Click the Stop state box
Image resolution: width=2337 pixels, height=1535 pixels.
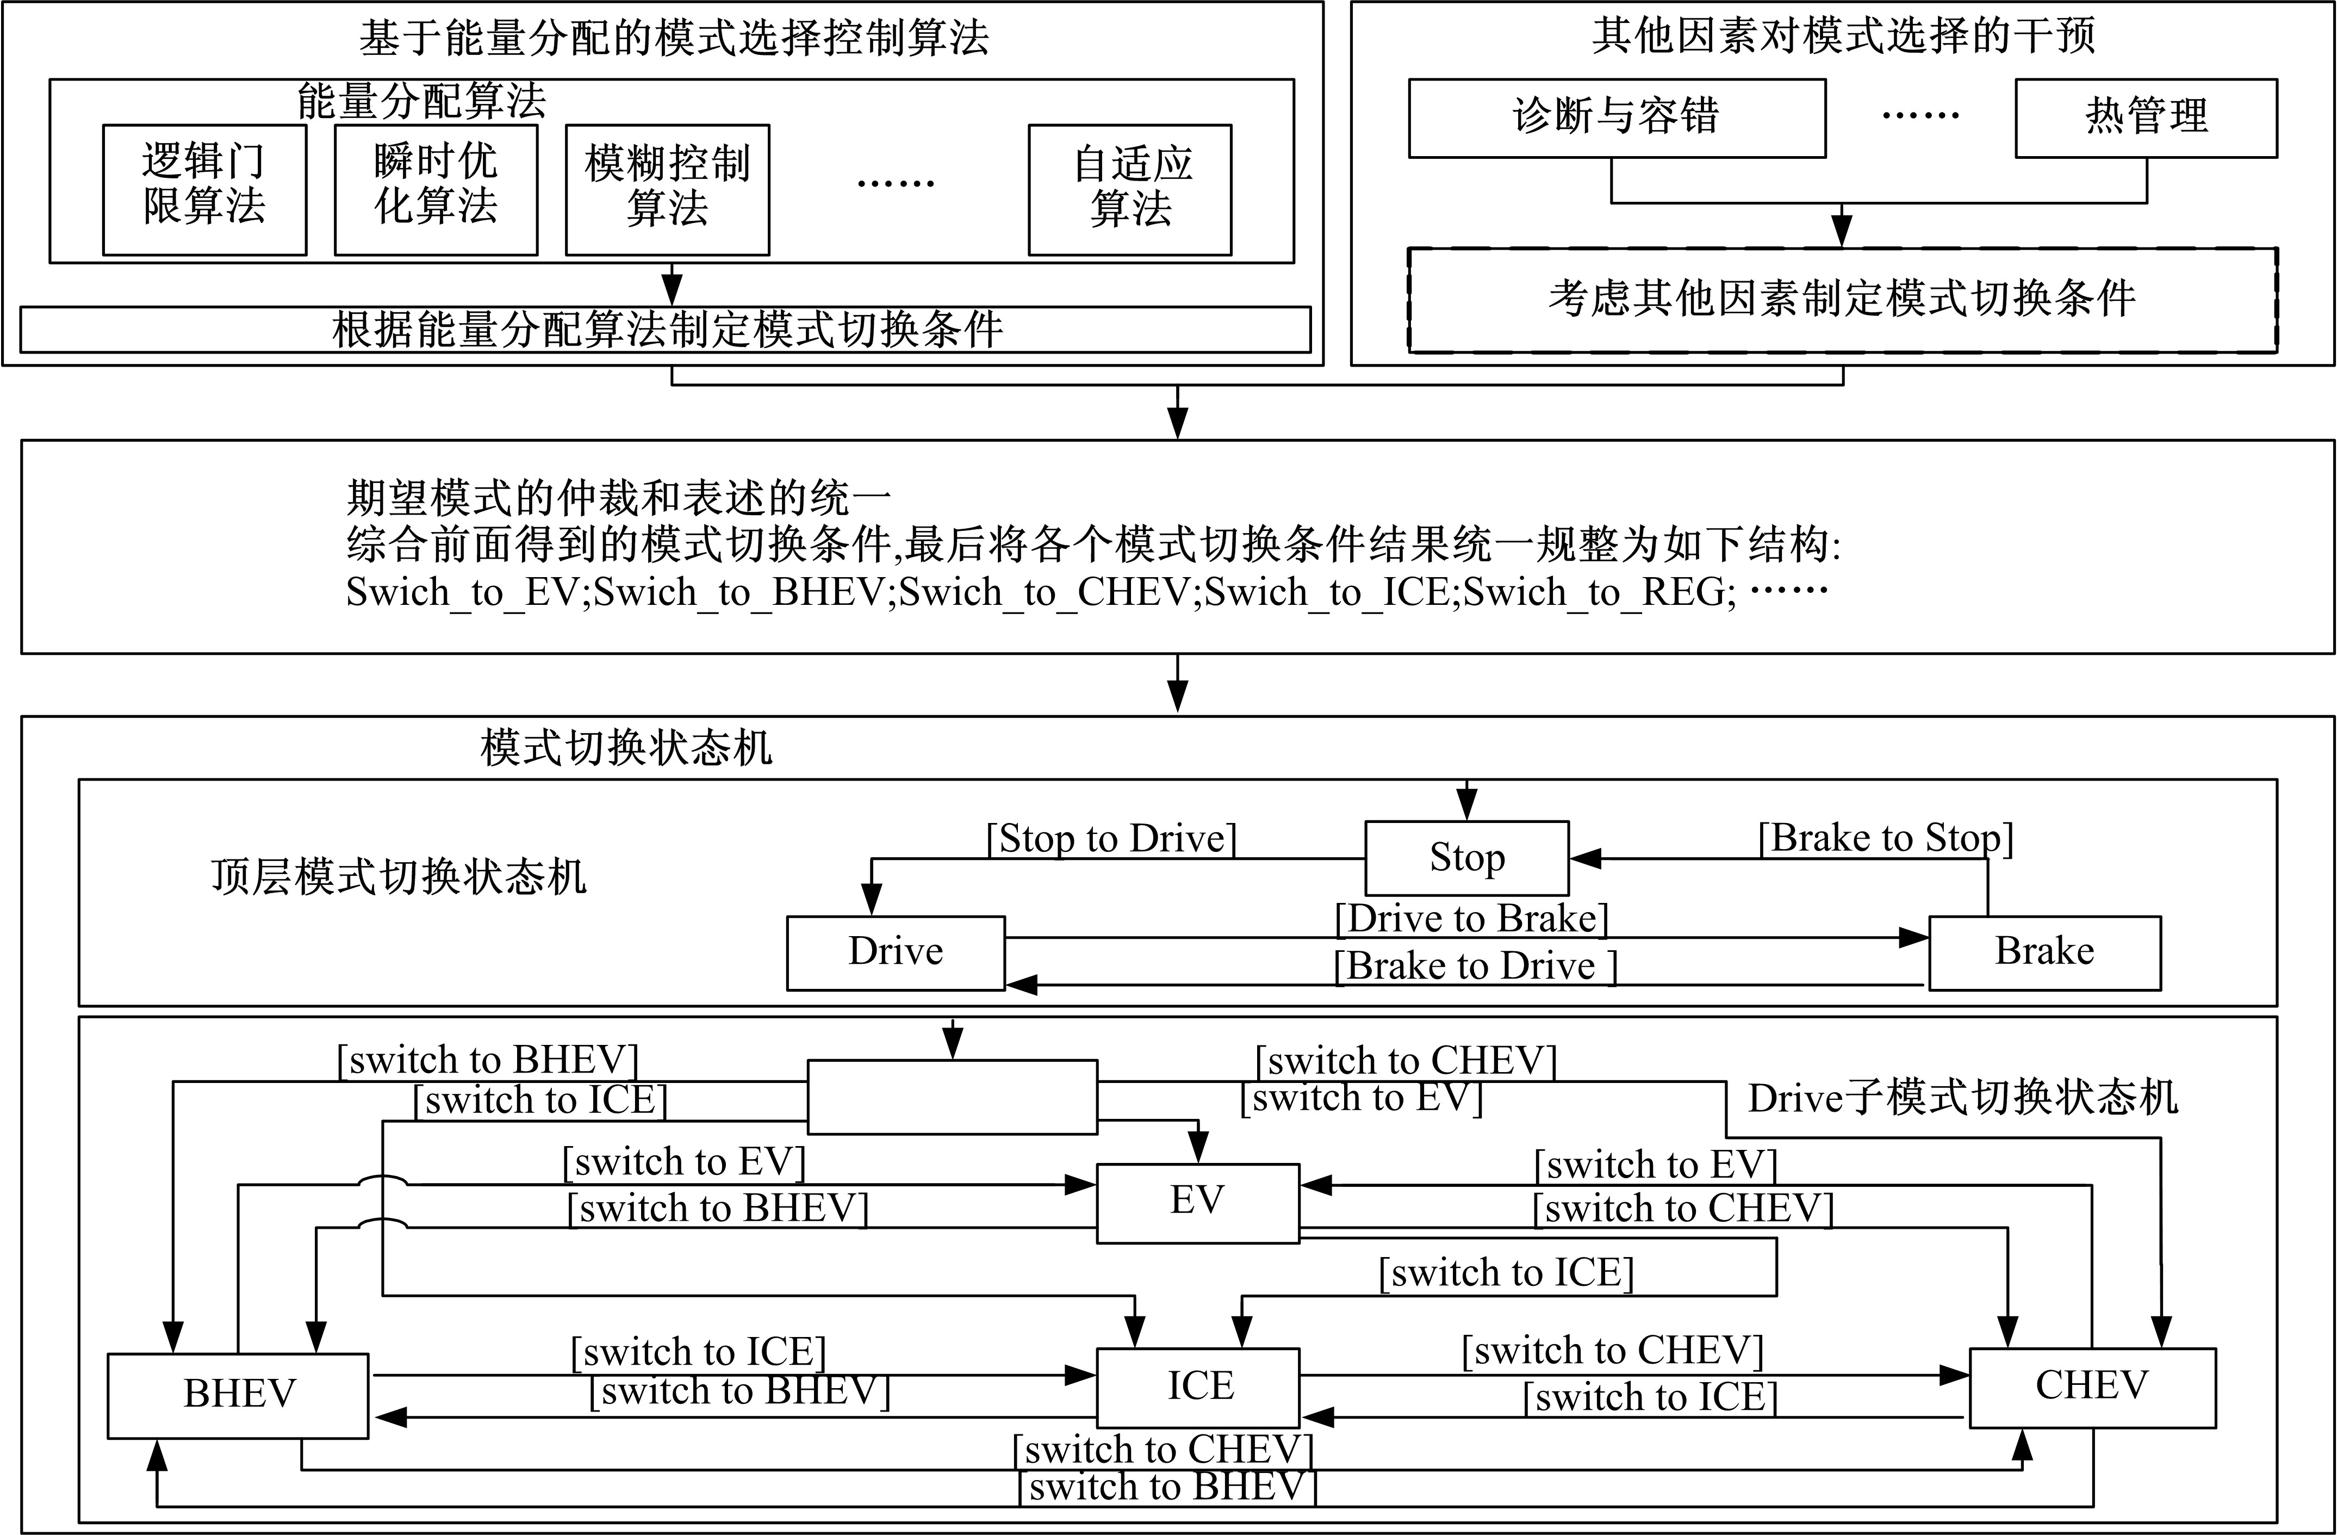1467,857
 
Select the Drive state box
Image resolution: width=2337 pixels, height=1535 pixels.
896,952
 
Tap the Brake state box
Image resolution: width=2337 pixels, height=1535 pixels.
2044,952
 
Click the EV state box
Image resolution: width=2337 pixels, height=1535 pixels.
1198,1203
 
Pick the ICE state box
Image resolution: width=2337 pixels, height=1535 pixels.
1198,1387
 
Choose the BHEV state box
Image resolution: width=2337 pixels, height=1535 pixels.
239,1396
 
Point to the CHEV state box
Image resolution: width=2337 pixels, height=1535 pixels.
2092,1387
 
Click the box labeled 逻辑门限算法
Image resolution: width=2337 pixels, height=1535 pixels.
204,189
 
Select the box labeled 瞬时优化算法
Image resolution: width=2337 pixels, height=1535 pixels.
436,189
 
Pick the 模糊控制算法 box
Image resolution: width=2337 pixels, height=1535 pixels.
668,189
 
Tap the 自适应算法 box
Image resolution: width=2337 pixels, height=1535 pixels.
1130,189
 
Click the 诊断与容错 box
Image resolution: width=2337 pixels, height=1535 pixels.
1617,118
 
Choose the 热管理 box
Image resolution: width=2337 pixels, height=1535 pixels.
2147,118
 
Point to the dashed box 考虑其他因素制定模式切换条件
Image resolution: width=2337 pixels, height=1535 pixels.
1843,300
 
